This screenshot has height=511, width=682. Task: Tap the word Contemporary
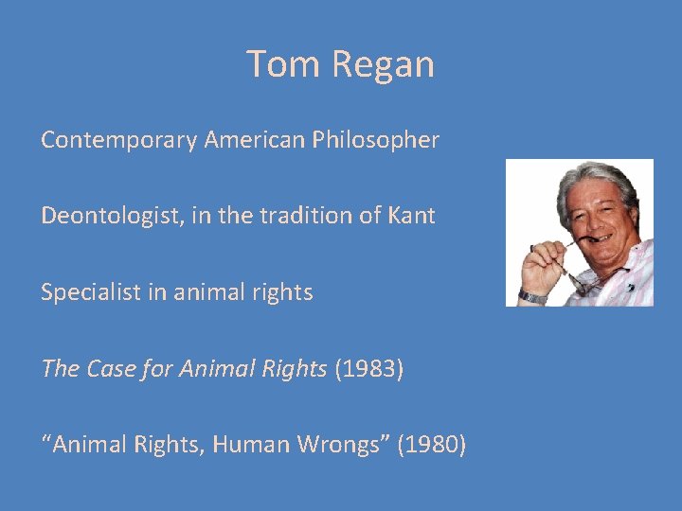click(x=119, y=140)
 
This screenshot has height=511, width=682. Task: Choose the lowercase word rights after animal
click(x=284, y=292)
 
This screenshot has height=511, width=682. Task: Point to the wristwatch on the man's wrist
click(x=532, y=296)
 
